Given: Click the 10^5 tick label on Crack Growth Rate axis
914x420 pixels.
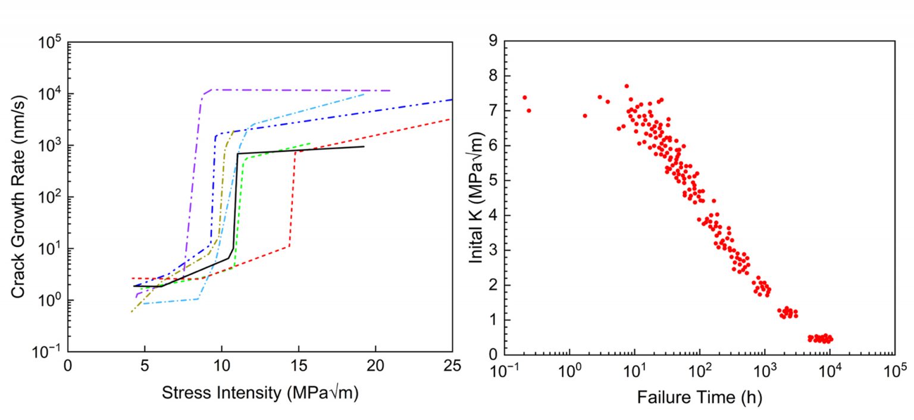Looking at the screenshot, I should [51, 43].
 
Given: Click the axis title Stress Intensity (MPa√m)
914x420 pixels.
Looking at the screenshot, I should [260, 393].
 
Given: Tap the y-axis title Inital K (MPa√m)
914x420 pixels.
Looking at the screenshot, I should [476, 197].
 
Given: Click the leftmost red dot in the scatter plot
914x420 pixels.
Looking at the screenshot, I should [524, 98].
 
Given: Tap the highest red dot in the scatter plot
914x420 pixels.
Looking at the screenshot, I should [627, 86].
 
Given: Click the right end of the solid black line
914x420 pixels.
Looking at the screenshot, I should [364, 146].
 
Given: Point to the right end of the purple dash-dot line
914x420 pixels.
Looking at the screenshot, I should [390, 90].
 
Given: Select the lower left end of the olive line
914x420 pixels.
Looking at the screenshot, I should [132, 312].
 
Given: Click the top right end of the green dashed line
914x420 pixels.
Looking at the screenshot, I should [311, 143].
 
